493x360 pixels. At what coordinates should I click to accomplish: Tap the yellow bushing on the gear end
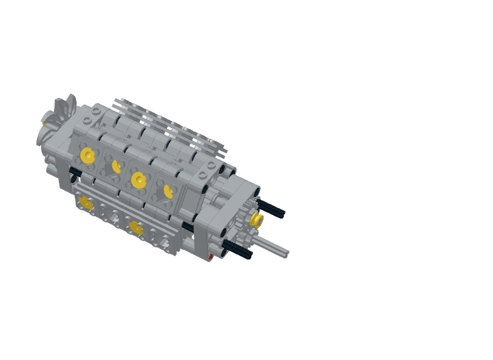(x=258, y=220)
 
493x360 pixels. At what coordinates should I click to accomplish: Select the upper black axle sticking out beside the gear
(x=272, y=209)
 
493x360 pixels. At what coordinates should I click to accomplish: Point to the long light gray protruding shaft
(x=274, y=248)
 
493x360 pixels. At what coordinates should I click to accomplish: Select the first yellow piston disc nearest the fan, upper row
(x=87, y=155)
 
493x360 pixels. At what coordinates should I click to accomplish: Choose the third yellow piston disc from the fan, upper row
(x=139, y=180)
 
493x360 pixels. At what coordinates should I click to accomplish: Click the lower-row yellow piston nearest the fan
(x=85, y=202)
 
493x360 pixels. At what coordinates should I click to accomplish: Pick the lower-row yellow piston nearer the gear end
(x=136, y=228)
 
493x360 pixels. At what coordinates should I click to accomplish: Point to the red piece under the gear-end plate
(x=216, y=258)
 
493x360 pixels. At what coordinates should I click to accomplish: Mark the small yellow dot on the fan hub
(x=46, y=123)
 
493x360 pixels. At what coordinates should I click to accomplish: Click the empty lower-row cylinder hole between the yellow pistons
(x=110, y=216)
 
